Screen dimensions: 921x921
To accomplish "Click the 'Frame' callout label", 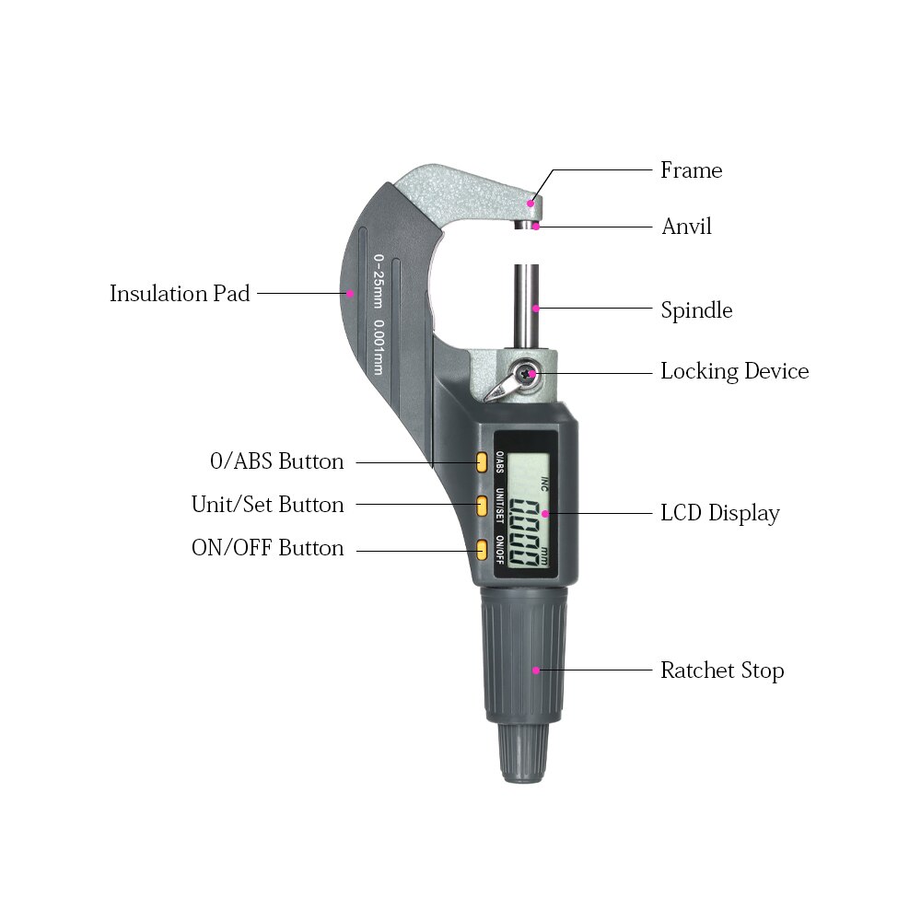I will coord(691,170).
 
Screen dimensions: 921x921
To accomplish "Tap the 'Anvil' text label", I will coord(686,227).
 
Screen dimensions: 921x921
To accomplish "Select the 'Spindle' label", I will coord(696,310).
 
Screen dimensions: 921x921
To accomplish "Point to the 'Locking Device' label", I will coord(734,372).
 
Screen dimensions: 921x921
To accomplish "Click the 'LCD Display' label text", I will coord(719,514).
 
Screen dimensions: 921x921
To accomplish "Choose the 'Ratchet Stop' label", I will coord(721,670).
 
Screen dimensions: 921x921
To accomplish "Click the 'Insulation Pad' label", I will coord(180,294).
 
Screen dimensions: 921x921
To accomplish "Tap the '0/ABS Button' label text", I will coord(277,461).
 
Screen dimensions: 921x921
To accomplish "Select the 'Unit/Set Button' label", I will coord(267,505).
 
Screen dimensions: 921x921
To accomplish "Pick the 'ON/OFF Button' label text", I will coord(267,548).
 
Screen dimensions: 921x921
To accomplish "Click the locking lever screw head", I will coord(526,373).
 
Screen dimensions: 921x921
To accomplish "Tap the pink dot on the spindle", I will coord(536,309).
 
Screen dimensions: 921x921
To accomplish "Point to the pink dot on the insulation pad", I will coord(350,294).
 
